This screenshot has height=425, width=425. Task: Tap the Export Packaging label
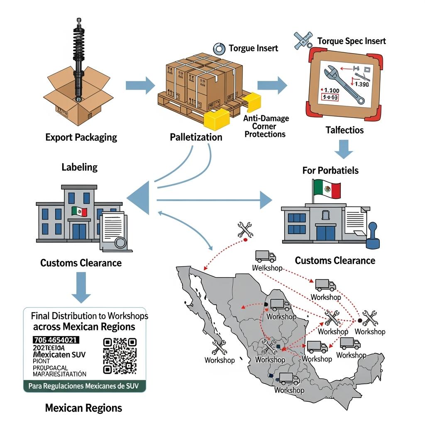pos(81,137)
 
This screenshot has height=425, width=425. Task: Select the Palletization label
pos(196,137)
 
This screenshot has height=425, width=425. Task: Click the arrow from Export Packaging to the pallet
pos(140,86)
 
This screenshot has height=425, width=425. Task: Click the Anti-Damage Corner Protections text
pos(266,126)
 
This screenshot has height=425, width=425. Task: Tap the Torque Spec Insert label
pos(351,41)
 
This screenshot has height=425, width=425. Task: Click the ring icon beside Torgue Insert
pos(219,49)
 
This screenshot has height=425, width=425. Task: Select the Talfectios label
pos(344,130)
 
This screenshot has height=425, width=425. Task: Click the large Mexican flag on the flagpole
pos(327,189)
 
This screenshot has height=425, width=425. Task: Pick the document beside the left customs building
pos(115,231)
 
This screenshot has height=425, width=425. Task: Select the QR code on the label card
pos(120,355)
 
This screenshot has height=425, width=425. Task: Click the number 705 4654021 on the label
pos(56,340)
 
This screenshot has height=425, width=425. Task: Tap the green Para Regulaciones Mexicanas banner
pos(84,386)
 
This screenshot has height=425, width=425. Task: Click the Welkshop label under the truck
pos(267,268)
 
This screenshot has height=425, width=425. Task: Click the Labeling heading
pos(79,167)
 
